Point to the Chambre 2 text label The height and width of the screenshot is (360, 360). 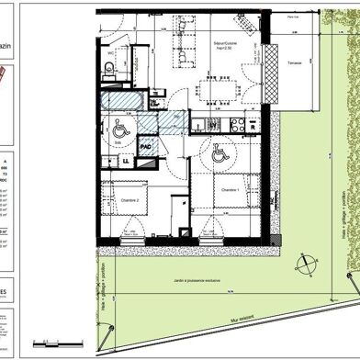129,197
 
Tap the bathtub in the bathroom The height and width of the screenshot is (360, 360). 118,99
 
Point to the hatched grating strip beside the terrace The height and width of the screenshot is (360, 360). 273,64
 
